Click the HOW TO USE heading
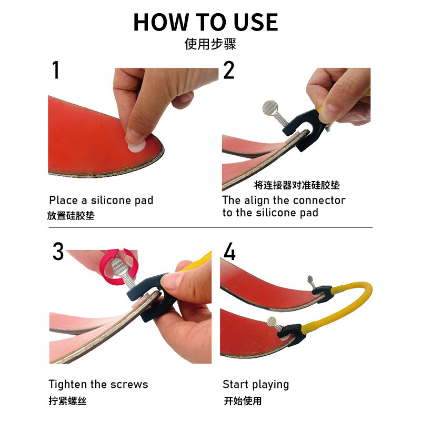pos(205,22)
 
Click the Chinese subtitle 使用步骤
pos(210,44)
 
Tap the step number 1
pos(55,71)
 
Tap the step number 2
pos(228,71)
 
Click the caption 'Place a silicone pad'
pos(101,201)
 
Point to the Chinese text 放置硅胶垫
pos(71,216)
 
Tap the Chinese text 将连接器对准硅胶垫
pos(297,185)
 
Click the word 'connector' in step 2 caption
pos(319,201)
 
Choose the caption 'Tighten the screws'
pos(98,385)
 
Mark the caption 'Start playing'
pos(256,385)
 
